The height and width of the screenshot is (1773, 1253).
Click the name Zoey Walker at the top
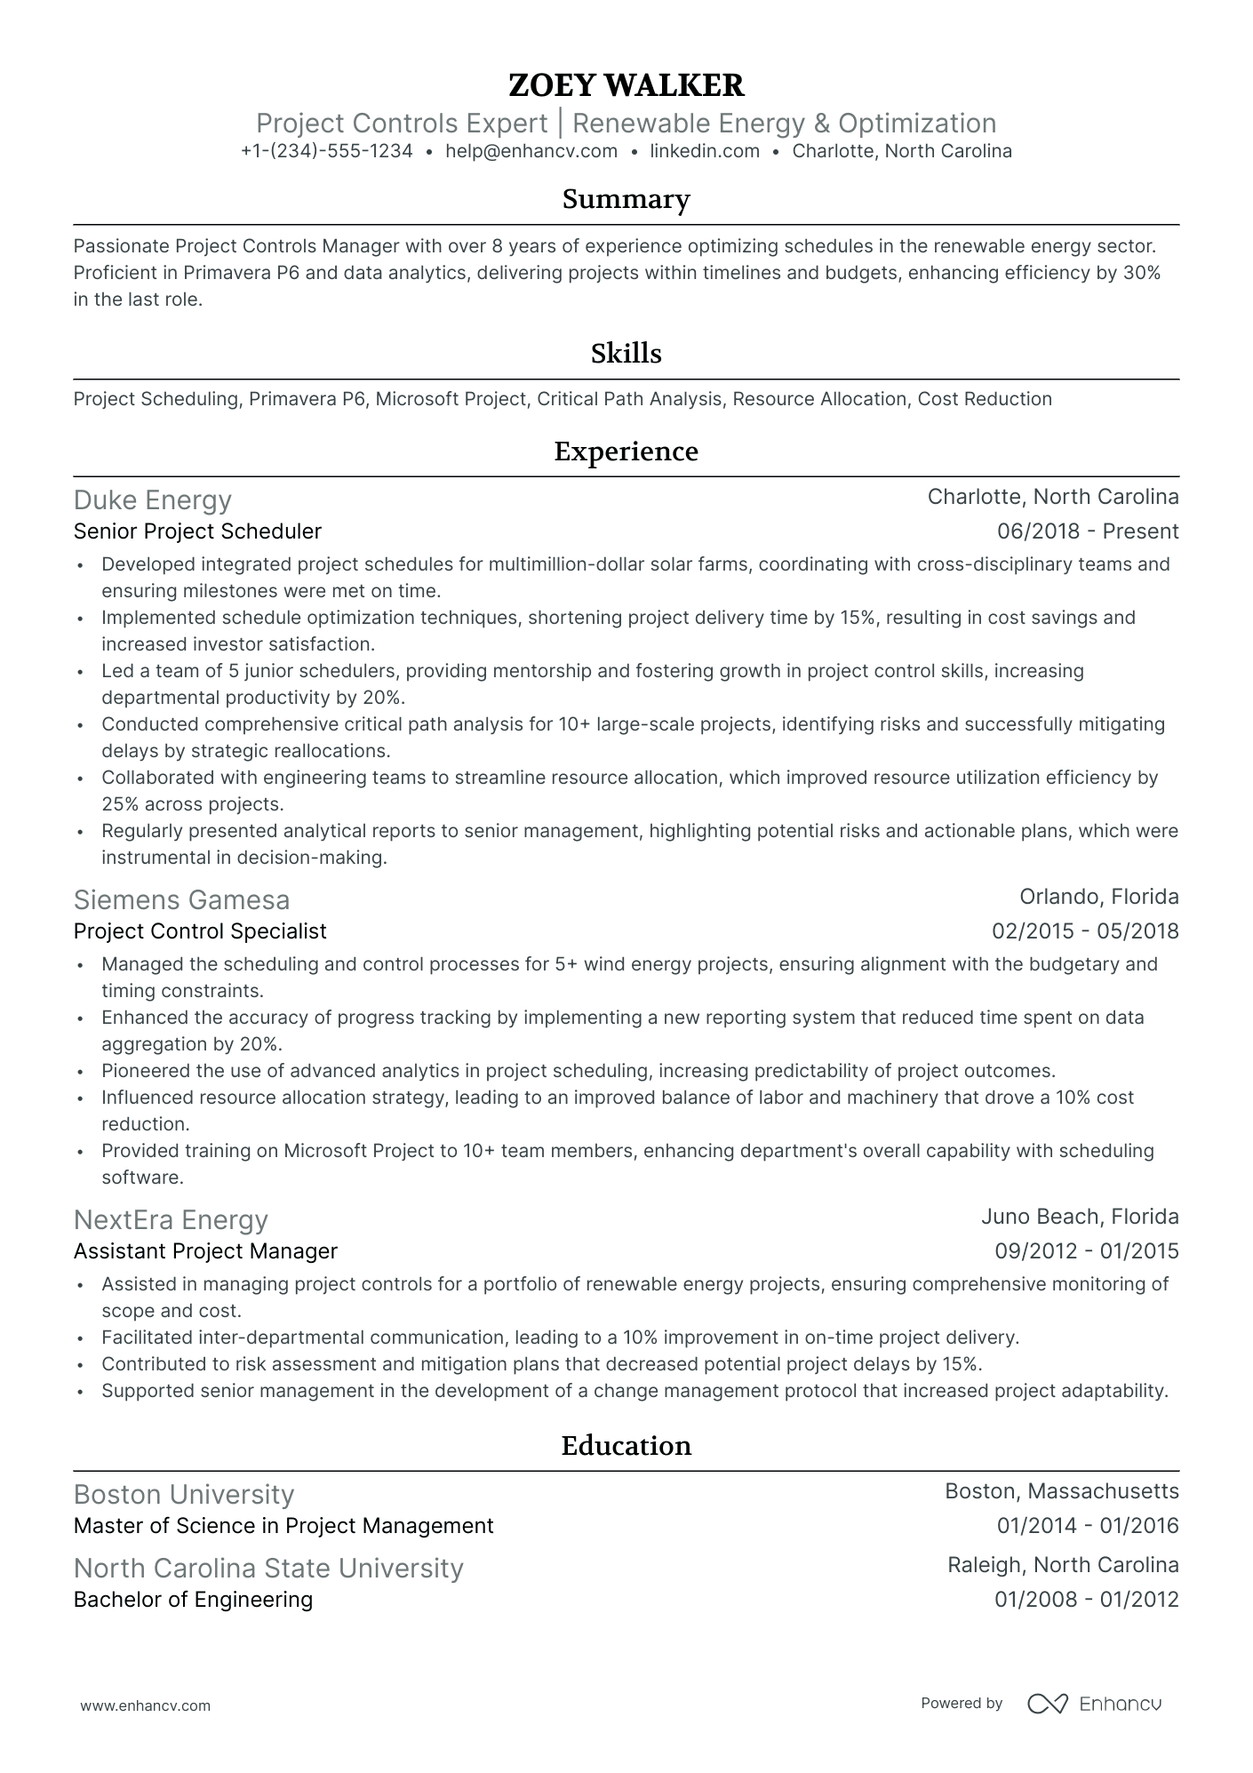coord(626,85)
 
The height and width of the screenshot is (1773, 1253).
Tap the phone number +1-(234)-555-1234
coord(326,151)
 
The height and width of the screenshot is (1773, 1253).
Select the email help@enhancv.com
coord(531,151)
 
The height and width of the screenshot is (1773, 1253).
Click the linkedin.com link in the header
coord(705,151)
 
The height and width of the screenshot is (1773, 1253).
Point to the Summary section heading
coord(626,199)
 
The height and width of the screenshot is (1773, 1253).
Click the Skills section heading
coord(626,354)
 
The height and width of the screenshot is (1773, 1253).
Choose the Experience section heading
coord(626,451)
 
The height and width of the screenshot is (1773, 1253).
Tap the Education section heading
coord(626,1446)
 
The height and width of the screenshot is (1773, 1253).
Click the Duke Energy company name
coord(152,500)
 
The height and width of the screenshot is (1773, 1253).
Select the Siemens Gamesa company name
coord(181,900)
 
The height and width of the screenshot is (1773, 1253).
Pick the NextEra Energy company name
coord(171,1220)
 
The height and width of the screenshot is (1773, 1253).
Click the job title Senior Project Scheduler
coord(197,531)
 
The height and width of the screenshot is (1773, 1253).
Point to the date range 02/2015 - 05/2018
coord(1085,931)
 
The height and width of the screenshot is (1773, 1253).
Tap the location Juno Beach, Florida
coord(1080,1217)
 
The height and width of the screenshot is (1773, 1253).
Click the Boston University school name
coord(183,1495)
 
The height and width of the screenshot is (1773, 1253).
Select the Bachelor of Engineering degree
coord(193,1600)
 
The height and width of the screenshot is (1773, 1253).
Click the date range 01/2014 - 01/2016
coord(1087,1526)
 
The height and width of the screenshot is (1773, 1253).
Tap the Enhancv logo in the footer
coord(1095,1704)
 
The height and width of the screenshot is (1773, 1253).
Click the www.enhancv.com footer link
coord(145,1705)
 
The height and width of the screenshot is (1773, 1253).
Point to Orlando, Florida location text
coord(1098,897)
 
